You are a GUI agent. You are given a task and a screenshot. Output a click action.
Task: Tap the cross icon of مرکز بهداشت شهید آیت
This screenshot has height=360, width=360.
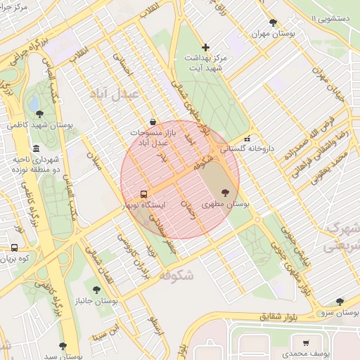(x=205, y=46)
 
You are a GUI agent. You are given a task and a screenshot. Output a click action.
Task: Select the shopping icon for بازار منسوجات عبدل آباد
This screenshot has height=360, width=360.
(x=153, y=122)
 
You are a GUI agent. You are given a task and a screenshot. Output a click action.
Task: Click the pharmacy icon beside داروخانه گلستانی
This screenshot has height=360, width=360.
(x=246, y=139)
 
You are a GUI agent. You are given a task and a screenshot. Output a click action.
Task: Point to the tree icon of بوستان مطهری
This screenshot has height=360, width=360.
(x=225, y=192)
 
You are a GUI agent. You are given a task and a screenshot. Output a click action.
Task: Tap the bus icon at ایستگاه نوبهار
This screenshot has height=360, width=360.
(x=143, y=194)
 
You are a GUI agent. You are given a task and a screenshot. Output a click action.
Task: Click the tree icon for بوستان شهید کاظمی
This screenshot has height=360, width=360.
(x=39, y=113)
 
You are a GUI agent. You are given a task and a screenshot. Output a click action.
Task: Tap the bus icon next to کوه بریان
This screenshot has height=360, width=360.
(x=15, y=247)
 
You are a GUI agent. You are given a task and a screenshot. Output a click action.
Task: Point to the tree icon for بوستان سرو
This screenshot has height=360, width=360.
(x=340, y=301)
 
